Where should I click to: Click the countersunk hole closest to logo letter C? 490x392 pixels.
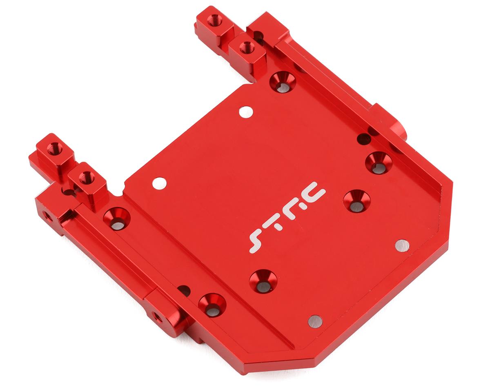[356, 201]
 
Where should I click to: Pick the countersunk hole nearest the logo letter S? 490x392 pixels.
[263, 281]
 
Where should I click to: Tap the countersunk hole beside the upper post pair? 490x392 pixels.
[283, 81]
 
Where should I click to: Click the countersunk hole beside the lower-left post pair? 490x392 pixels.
[116, 219]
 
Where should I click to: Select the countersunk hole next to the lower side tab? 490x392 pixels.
[212, 305]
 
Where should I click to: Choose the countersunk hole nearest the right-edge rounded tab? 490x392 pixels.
[378, 163]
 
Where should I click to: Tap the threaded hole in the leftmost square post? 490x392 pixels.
[54, 149]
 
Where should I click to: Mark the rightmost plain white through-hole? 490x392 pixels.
[402, 245]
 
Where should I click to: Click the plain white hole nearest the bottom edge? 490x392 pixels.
[315, 321]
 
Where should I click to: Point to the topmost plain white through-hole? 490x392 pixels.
[246, 112]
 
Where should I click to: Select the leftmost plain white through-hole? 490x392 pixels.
[159, 183]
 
